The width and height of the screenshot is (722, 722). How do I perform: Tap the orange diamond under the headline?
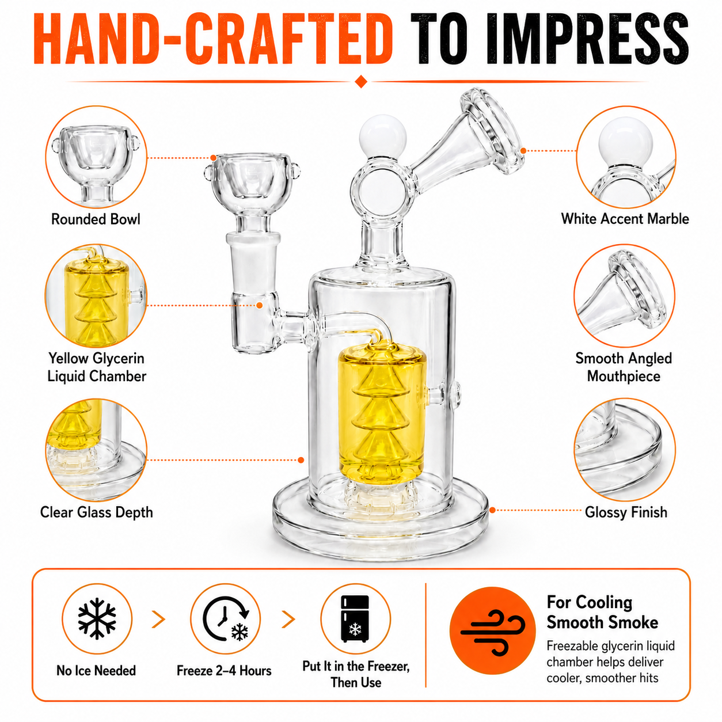pyautogui.click(x=361, y=81)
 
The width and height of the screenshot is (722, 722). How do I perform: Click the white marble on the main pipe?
pyautogui.click(x=382, y=137)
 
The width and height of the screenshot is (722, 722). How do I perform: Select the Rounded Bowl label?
pyautogui.click(x=96, y=219)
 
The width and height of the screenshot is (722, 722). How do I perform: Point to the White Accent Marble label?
pyautogui.click(x=625, y=219)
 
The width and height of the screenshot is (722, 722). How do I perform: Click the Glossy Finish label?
pyautogui.click(x=626, y=512)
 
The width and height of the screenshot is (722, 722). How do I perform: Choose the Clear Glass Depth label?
pyautogui.click(x=97, y=512)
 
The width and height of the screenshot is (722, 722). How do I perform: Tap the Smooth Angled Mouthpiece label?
pyautogui.click(x=624, y=367)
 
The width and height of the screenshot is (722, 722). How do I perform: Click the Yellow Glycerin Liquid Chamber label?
pyautogui.click(x=97, y=367)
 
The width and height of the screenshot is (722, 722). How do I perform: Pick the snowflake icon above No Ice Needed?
pyautogui.click(x=97, y=618)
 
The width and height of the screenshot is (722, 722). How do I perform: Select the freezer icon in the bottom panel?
pyautogui.click(x=355, y=619)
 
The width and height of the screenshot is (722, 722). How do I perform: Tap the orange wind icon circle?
pyautogui.click(x=493, y=630)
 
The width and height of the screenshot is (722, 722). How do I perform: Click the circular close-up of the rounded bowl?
pyautogui.click(x=96, y=157)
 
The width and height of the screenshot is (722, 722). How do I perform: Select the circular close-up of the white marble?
pyautogui.click(x=626, y=157)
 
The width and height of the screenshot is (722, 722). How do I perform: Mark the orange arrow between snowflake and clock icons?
pyautogui.click(x=159, y=620)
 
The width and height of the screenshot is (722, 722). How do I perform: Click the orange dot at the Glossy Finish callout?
pyautogui.click(x=492, y=510)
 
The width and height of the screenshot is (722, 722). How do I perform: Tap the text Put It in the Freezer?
pyautogui.click(x=356, y=666)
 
